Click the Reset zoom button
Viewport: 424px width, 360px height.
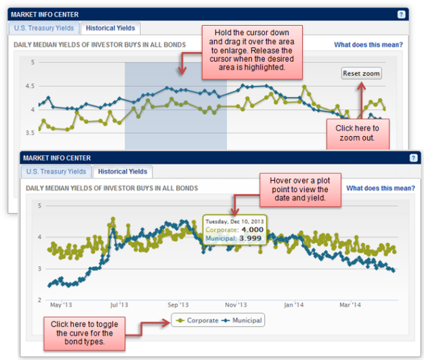point(362,73)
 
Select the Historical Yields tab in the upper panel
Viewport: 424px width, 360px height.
point(110,28)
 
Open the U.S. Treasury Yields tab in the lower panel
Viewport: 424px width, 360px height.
point(56,171)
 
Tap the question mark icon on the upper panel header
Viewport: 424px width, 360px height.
point(401,14)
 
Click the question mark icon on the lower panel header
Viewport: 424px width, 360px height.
point(413,158)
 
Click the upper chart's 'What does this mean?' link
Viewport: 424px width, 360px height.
point(368,45)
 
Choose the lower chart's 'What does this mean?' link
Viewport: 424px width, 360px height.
point(380,188)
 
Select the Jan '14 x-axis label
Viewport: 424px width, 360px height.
point(293,305)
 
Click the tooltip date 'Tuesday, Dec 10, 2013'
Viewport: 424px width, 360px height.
point(235,220)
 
